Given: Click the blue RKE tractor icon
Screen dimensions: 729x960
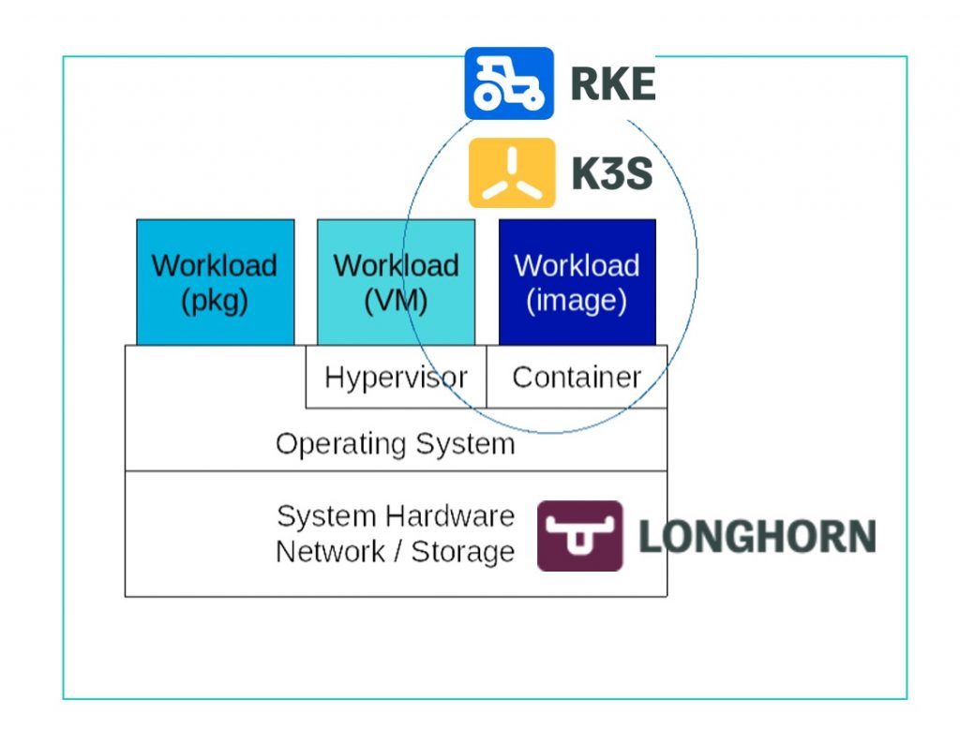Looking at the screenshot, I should point(509,83).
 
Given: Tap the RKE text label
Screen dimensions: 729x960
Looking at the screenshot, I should point(612,84).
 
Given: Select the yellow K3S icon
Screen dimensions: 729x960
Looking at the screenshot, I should point(512,172).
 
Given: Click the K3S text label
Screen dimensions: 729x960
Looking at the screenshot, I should point(612,173).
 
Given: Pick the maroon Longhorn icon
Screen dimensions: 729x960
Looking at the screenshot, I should point(579,536).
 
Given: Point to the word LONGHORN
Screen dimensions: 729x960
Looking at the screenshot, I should point(757,536).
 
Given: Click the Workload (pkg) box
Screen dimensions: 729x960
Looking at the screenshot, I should point(215,282).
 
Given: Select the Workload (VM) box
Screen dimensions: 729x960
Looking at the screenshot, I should point(396,282).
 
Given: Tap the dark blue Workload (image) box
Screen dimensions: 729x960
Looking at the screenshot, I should point(577,282).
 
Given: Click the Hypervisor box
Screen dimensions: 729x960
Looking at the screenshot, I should point(396,378).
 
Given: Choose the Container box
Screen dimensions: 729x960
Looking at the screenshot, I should point(577,378).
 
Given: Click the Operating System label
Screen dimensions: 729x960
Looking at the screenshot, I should point(395,443).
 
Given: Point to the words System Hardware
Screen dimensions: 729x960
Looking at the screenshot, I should point(395,516).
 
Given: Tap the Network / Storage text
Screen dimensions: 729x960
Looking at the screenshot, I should point(395,552).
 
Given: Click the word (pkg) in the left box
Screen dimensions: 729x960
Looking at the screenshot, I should point(215,302).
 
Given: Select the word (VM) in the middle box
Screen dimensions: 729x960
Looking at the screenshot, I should point(396,302).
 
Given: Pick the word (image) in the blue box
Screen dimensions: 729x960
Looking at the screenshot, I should point(577,302).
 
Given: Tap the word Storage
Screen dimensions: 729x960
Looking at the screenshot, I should point(463,552).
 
